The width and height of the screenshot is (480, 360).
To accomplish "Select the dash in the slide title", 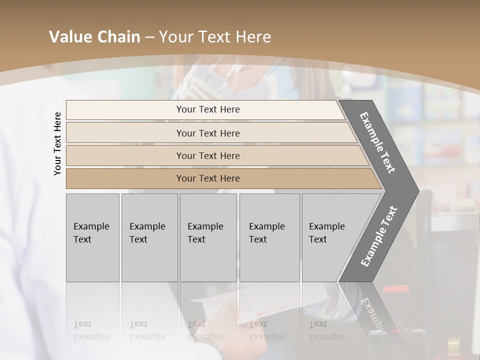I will point(149,37).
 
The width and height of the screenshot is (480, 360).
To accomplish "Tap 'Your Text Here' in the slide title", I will point(215,37).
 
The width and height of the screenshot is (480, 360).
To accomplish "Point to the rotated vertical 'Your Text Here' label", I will point(57,143).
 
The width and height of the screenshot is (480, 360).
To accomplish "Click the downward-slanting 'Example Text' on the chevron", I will point(377,142).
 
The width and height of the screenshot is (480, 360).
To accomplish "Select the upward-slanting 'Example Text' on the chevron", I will point(378,236).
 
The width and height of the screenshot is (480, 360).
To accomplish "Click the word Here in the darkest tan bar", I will point(229,178).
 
